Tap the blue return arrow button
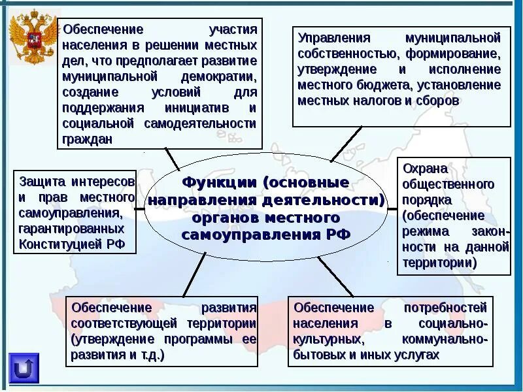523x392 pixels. tap(24, 368)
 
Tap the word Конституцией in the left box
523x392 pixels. tap(60, 244)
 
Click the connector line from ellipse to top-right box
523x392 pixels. tap(346, 144)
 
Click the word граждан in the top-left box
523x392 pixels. tap(88, 139)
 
